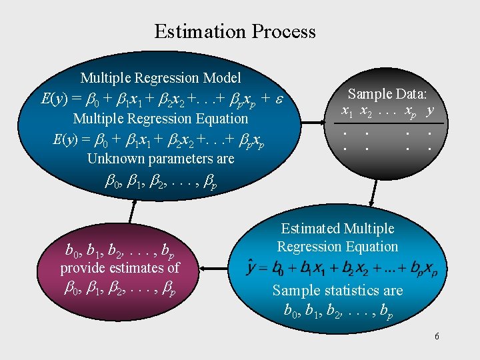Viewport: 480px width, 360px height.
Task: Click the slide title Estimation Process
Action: [x=235, y=31]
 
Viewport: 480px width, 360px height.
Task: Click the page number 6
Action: [x=437, y=336]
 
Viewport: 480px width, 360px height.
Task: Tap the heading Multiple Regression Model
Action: [x=161, y=79]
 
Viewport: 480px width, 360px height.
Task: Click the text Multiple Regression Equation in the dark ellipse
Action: [x=160, y=119]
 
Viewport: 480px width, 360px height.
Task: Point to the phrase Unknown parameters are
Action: [x=161, y=159]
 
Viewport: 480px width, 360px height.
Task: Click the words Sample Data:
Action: [x=388, y=94]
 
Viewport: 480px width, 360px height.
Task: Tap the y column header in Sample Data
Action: [x=431, y=109]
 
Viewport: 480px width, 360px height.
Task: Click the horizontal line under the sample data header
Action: [x=388, y=124]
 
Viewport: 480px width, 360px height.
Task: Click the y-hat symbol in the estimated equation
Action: [x=253, y=268]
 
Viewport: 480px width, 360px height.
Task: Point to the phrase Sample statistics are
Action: [x=337, y=290]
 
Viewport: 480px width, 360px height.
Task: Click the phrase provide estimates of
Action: [x=120, y=268]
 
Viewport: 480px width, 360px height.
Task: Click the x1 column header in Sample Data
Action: [x=347, y=110]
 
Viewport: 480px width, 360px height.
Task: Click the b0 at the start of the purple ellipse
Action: [x=71, y=252]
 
